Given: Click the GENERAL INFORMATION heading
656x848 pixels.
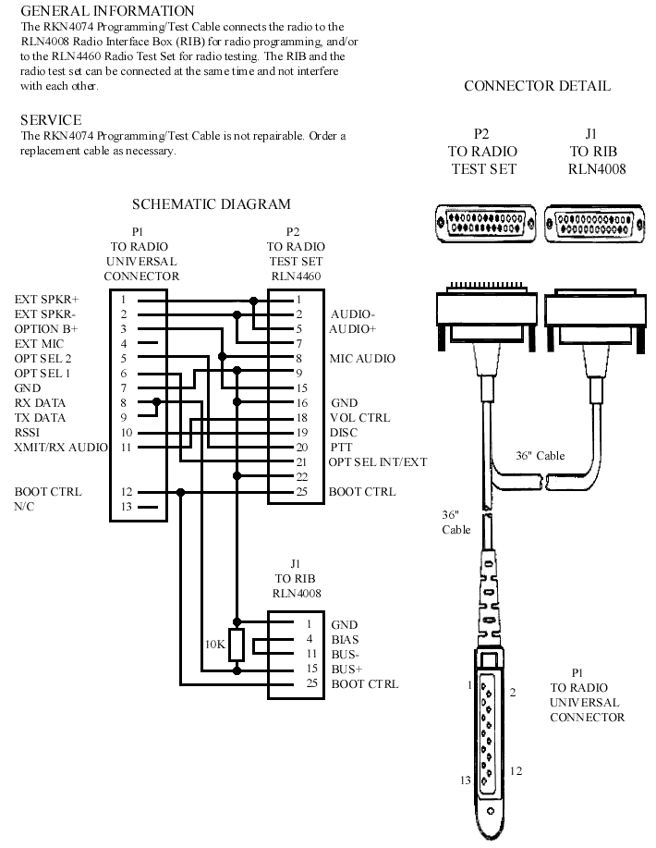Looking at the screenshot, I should [x=107, y=11].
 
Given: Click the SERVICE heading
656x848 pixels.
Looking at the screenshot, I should [x=51, y=120].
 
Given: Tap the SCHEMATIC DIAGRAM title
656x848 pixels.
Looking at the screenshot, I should [x=211, y=204].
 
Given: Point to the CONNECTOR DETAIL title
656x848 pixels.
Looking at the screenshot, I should [x=537, y=86].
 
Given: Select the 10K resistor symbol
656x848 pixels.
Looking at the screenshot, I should [x=237, y=644].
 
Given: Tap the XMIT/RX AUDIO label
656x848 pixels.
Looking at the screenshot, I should [x=61, y=448].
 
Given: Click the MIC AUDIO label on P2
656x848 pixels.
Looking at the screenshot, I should [x=362, y=358].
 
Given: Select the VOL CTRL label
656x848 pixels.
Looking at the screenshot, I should [x=360, y=417].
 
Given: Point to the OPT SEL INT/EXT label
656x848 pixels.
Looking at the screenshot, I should [x=378, y=461].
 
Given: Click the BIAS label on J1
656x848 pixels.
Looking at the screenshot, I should [x=346, y=639].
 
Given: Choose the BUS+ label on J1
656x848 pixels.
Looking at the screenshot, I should [x=346, y=669].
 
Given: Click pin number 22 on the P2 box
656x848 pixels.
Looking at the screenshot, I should [x=300, y=476].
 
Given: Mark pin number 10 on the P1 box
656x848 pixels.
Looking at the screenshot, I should [x=125, y=432].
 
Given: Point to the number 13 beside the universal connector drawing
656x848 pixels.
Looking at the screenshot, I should [x=466, y=780].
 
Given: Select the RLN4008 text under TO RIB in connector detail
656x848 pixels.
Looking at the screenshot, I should [x=597, y=168].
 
